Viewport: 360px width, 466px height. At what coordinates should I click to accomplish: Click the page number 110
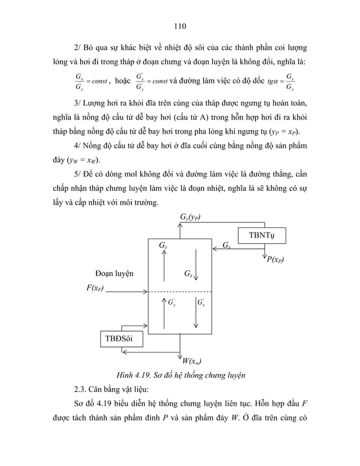pyautogui.click(x=180, y=25)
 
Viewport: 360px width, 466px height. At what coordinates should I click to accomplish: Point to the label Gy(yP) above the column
pyautogui.click(x=190, y=217)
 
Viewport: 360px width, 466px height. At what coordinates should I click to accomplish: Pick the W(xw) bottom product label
pyautogui.click(x=192, y=362)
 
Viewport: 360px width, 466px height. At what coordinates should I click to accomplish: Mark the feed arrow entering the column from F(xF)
pyautogui.click(x=127, y=292)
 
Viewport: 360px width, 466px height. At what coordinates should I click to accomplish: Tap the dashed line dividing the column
pyautogui.click(x=179, y=292)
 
